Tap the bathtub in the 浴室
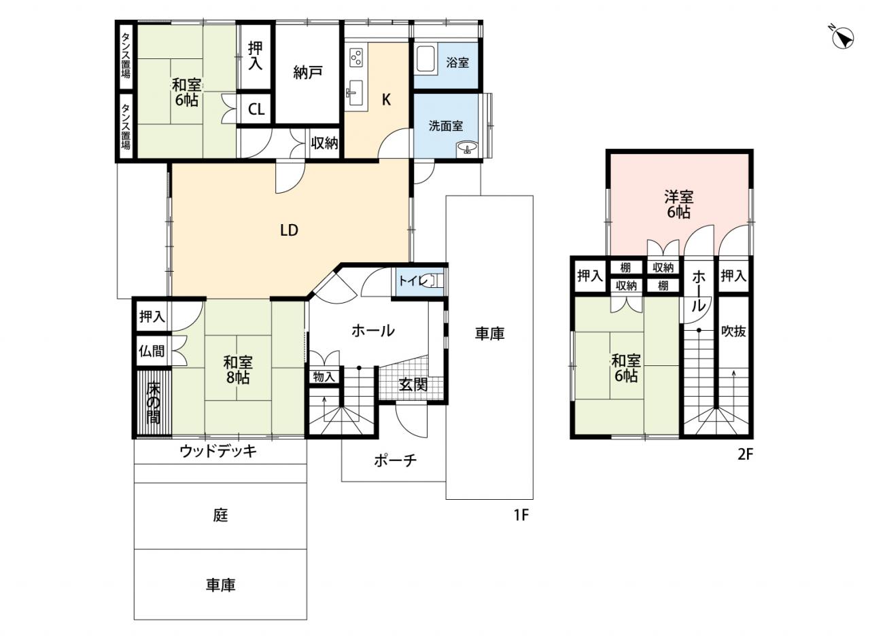[425, 60]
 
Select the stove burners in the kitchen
[356, 58]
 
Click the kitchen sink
[355, 93]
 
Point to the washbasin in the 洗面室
[467, 147]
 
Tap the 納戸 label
[308, 73]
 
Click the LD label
[289, 230]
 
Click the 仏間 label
[152, 351]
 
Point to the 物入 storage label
[324, 377]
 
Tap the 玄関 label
[413, 384]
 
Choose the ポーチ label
[396, 460]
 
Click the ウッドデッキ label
[218, 451]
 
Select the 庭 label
[220, 515]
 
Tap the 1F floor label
[521, 515]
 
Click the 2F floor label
[746, 454]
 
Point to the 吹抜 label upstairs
[733, 331]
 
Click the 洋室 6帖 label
[678, 205]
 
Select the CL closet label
[256, 110]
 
